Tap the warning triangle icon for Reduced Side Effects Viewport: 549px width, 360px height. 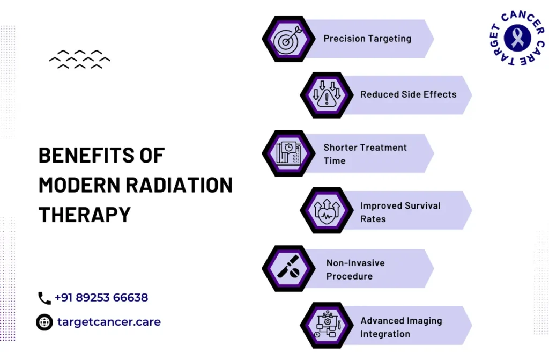coord(327,94)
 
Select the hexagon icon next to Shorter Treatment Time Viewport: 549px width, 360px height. coord(288,153)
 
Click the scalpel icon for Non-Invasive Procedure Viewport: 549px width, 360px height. coord(288,267)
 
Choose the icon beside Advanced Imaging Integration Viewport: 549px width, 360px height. coord(327,325)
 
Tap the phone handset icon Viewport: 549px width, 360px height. coord(44,298)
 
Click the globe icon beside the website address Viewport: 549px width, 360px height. coord(44,322)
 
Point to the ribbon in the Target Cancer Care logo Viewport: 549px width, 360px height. coord(517,38)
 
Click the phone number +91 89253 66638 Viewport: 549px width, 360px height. coord(101,298)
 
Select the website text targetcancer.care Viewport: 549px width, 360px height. coord(109,322)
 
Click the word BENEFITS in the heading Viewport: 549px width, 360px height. coord(86,155)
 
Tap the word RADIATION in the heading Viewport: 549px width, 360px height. coord(179,185)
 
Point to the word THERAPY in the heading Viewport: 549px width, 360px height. coord(84,215)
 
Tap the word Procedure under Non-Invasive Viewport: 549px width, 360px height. coord(350,276)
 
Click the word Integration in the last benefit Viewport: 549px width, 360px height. coord(385,334)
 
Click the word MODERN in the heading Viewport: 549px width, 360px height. coord(79,185)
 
